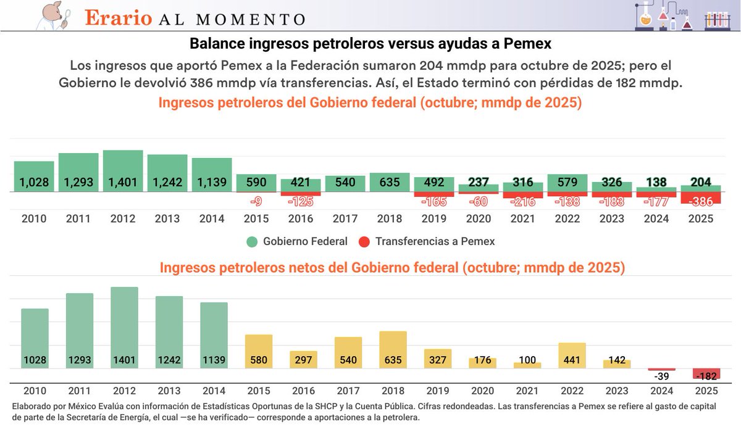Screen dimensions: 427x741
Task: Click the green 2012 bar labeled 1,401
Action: [x=123, y=171]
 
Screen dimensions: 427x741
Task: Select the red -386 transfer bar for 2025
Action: [x=700, y=198]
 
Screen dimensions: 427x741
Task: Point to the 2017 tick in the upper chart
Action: [x=345, y=219]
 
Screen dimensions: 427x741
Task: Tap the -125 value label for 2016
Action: [x=301, y=201]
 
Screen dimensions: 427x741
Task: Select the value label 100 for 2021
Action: [x=527, y=360]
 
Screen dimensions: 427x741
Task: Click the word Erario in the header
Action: [x=118, y=17]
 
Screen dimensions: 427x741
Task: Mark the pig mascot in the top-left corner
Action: [x=52, y=15]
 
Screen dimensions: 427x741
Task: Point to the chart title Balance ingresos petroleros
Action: [x=371, y=44]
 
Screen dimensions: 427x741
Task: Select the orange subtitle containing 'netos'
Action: [x=392, y=268]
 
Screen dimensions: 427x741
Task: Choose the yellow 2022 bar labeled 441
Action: [x=572, y=355]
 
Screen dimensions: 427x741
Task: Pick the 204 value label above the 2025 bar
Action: [x=700, y=183]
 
